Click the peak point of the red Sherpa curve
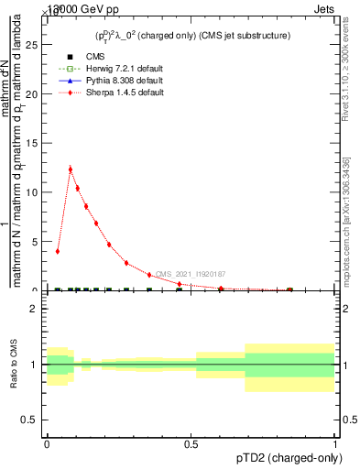[71, 169]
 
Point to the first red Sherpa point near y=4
[58, 251]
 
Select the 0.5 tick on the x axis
[191, 444]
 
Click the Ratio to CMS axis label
[14, 365]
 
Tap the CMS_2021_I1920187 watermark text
[190, 274]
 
